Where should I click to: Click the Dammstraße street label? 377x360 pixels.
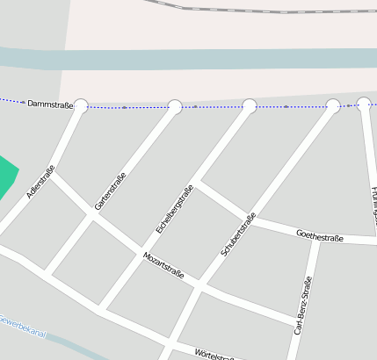coord(50,104)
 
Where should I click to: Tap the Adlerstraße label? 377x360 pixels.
coord(40,182)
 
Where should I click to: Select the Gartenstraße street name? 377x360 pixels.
coord(111,190)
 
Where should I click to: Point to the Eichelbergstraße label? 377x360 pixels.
coord(174,209)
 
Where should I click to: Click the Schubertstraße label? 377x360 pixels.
coord(238,234)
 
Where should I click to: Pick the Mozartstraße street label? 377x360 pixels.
coord(163,264)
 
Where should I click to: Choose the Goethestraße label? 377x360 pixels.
coord(320,236)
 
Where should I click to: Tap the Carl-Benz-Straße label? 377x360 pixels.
coord(303,306)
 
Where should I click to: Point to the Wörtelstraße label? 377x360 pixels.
coord(214,354)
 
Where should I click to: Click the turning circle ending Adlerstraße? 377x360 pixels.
coord(81,106)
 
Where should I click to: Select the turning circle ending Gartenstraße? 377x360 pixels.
coord(175,107)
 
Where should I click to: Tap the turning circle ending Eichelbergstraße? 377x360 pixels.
coord(250,107)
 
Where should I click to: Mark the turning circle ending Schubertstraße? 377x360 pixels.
coord(333,106)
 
